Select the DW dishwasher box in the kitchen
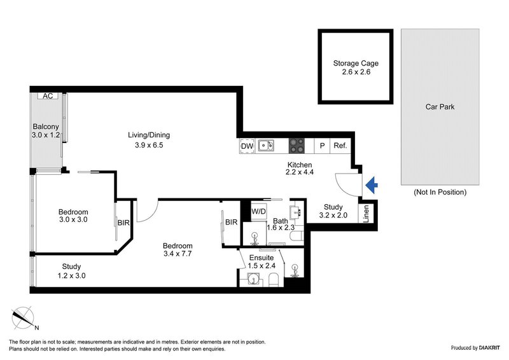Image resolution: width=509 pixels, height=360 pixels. [x=247, y=146]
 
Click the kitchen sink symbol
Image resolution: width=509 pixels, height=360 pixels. [x=265, y=146]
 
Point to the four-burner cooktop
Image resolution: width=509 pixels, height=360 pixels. [x=297, y=146]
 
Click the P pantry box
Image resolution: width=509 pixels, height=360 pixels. [x=323, y=146]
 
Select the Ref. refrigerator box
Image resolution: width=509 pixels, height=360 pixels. [x=340, y=146]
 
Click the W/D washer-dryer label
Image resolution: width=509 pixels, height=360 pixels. [x=259, y=211]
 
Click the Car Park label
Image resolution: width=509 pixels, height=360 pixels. [x=440, y=107]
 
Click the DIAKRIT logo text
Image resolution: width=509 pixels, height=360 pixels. [x=480, y=348]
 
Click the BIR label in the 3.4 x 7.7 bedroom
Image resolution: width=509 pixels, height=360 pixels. [x=231, y=222]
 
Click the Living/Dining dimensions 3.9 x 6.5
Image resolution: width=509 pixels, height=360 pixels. [x=148, y=145]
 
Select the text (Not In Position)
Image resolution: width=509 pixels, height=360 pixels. [x=440, y=192]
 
